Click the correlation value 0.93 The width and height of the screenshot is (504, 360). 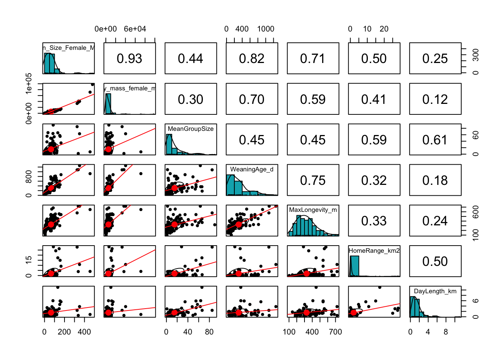point(129,58)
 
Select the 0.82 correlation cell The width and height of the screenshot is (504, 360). point(252,58)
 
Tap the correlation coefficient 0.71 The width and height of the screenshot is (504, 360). point(313,58)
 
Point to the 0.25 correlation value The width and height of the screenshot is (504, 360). point(435,58)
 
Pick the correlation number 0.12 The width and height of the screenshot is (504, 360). point(435,99)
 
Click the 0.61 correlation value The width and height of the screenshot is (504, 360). point(435,140)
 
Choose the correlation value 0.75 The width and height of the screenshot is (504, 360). point(313,180)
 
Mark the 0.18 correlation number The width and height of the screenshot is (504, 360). point(435,180)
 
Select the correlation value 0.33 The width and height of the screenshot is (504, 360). point(374,221)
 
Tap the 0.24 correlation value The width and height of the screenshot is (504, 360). point(435,221)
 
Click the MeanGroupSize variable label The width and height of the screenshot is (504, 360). point(190,129)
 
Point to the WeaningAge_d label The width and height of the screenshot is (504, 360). point(252,169)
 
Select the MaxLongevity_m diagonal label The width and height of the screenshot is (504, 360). point(313,210)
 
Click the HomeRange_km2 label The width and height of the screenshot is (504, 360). point(374,250)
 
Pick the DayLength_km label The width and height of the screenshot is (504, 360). point(435,291)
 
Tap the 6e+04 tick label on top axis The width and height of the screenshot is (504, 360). point(135,29)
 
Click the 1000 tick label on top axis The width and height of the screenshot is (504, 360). point(265,29)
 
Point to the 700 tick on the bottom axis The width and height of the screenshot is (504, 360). point(335,332)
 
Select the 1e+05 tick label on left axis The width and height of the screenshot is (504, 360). point(29,84)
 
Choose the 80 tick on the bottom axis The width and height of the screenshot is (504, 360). point(209,332)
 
